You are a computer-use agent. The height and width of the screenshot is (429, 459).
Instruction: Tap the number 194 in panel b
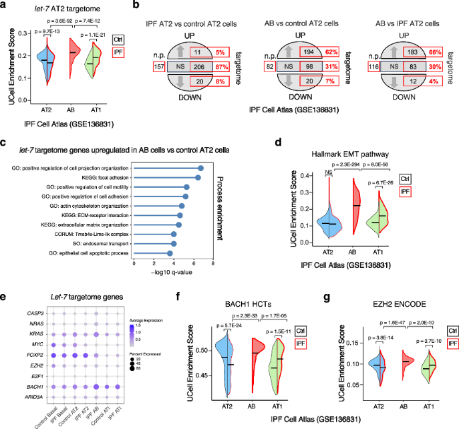[x=290, y=51]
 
